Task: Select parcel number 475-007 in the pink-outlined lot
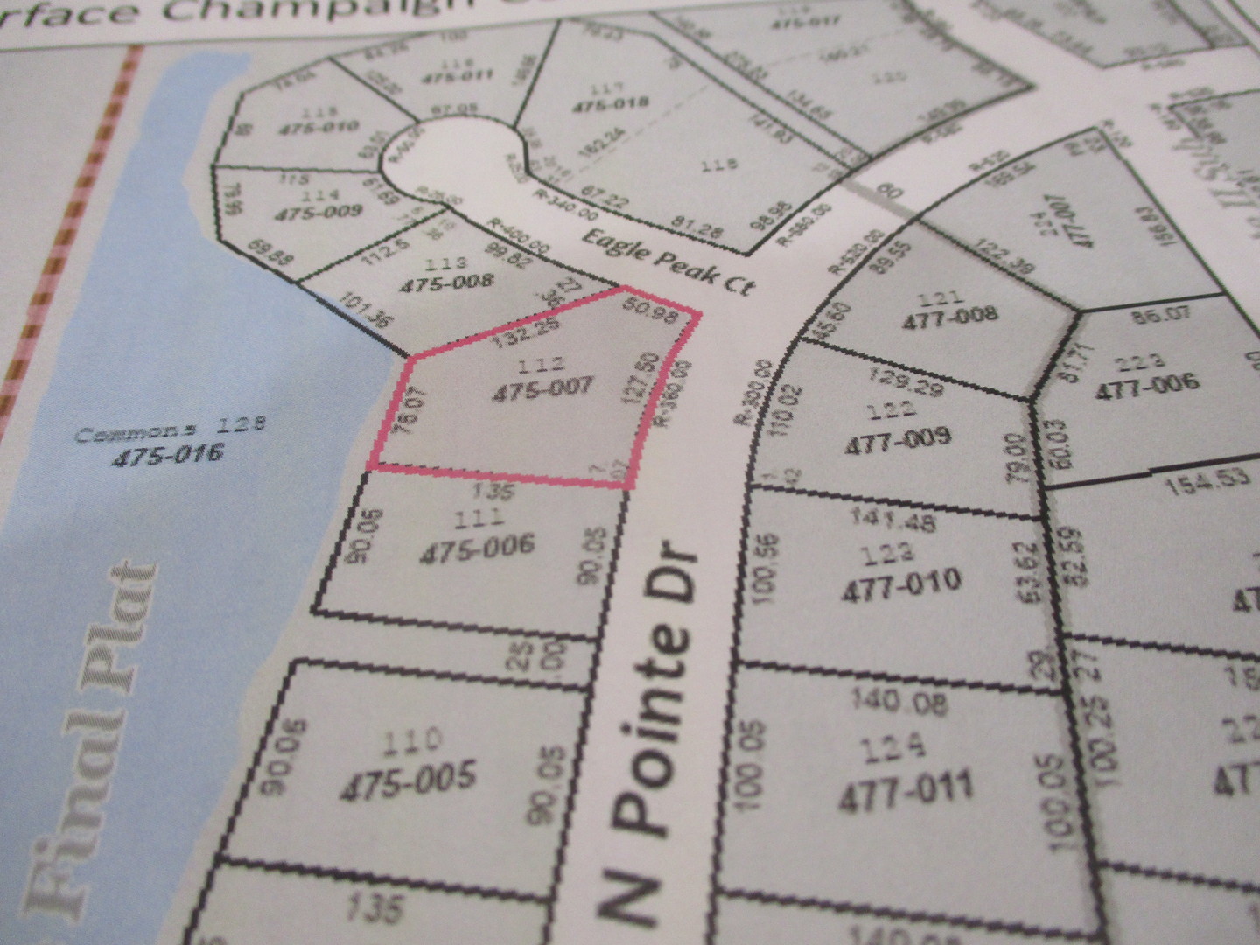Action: [x=542, y=388]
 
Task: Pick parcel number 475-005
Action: [x=407, y=778]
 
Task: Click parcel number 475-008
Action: [x=447, y=283]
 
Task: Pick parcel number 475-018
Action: [x=611, y=106]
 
